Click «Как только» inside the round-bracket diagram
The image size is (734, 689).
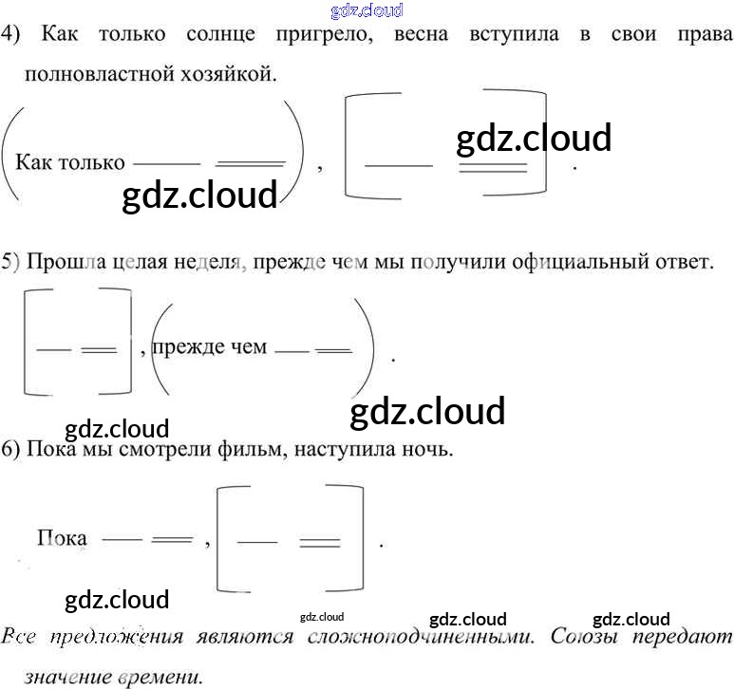click(69, 162)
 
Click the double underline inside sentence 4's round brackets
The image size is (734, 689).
click(251, 162)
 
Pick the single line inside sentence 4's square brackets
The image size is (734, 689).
click(398, 165)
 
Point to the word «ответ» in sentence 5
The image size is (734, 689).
click(681, 262)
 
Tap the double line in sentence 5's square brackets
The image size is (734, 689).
click(99, 349)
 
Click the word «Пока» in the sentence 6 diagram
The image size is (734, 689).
click(62, 538)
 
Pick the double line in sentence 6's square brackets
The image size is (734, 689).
click(320, 544)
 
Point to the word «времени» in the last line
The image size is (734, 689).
click(157, 678)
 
